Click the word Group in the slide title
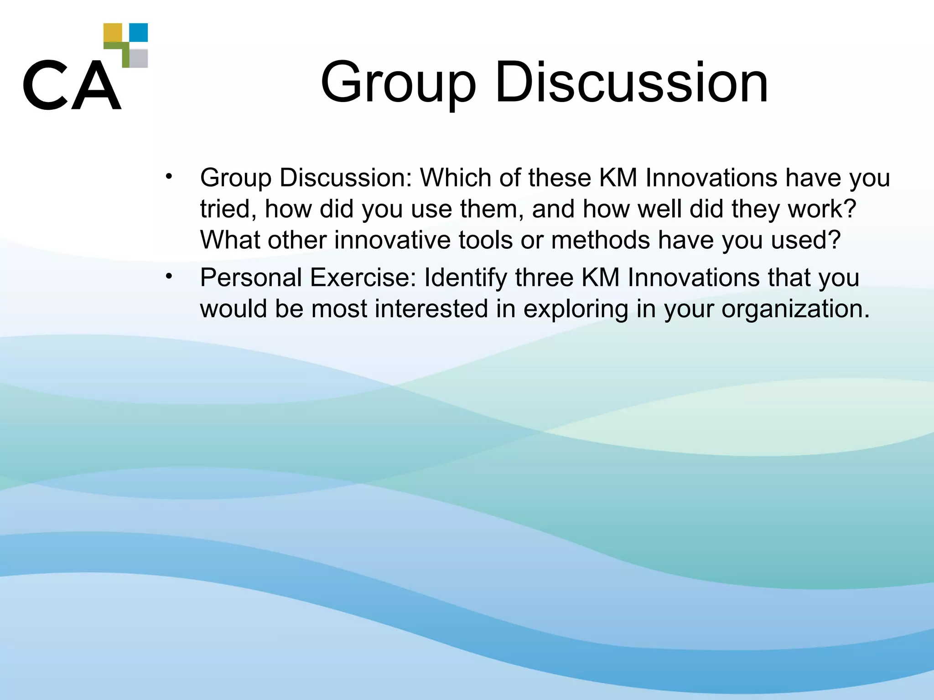pyautogui.click(x=398, y=83)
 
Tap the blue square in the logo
pyautogui.click(x=139, y=32)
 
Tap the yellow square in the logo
pyautogui.click(x=113, y=32)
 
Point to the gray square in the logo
pyautogui.click(x=139, y=58)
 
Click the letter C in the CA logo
pyautogui.click(x=45, y=85)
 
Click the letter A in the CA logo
pyautogui.click(x=96, y=85)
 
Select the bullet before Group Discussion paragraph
pyautogui.click(x=169, y=176)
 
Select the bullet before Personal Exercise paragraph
pyautogui.click(x=169, y=276)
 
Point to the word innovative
pyautogui.click(x=392, y=240)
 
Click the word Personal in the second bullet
pyautogui.click(x=251, y=278)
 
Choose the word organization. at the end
pyautogui.click(x=795, y=309)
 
